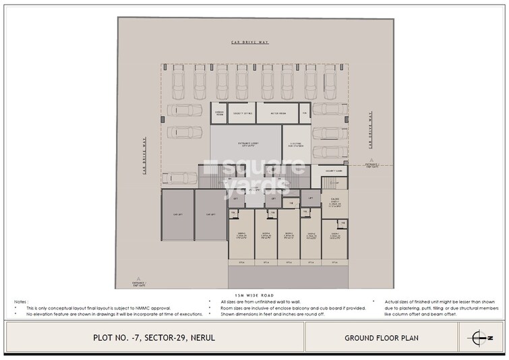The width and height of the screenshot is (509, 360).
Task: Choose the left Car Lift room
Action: point(177,214)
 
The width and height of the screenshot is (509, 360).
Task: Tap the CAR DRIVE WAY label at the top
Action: point(250,42)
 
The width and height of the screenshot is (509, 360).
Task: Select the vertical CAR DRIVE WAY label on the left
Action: point(144,155)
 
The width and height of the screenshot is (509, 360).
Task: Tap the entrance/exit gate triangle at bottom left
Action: point(139,278)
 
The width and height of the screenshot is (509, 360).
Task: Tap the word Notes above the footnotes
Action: point(20,301)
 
